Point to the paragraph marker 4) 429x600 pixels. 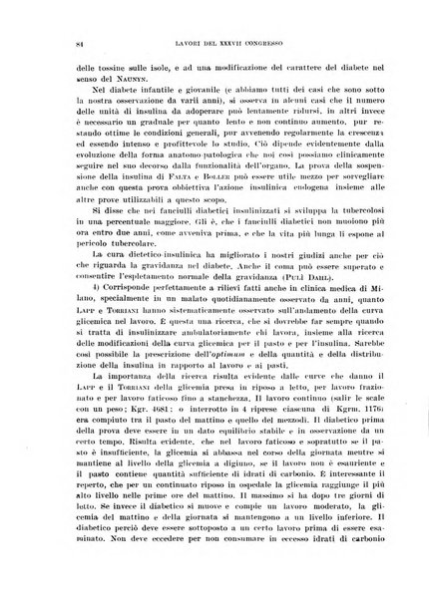[x=69, y=315]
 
